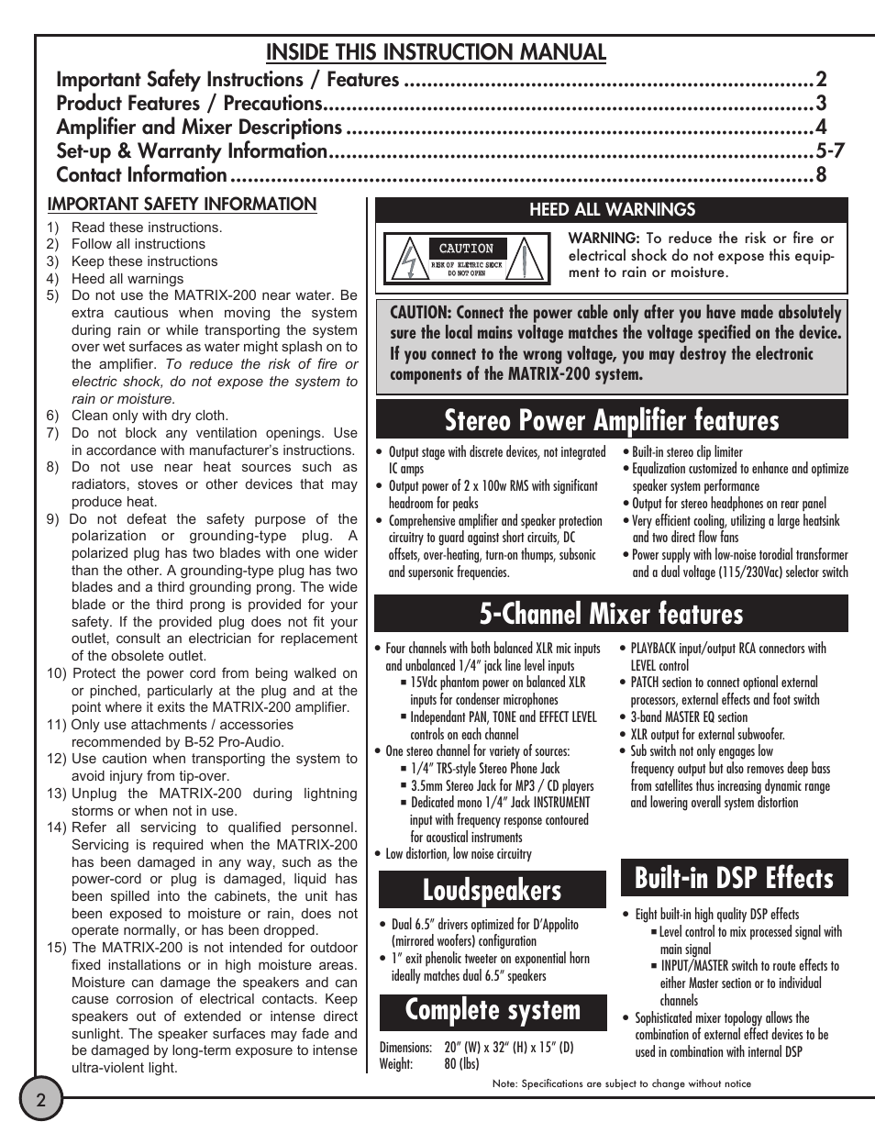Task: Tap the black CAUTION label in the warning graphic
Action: (466, 249)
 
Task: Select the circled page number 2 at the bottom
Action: (40, 1099)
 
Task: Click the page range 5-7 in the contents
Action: (829, 151)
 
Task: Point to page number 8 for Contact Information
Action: (821, 175)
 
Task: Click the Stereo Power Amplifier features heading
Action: (611, 420)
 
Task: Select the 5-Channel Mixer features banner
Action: (611, 614)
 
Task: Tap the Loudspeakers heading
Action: (493, 890)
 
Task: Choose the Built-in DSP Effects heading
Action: (734, 878)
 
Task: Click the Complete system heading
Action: (493, 1011)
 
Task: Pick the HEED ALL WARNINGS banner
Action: (612, 210)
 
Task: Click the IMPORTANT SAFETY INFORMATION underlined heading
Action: (182, 205)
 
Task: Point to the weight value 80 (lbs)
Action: (462, 1064)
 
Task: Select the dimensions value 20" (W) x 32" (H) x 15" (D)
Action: (509, 1048)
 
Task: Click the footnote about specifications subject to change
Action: (621, 1083)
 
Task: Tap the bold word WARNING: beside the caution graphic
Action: (603, 239)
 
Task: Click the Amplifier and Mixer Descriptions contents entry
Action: (199, 128)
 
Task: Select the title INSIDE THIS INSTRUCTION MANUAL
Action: (436, 52)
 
